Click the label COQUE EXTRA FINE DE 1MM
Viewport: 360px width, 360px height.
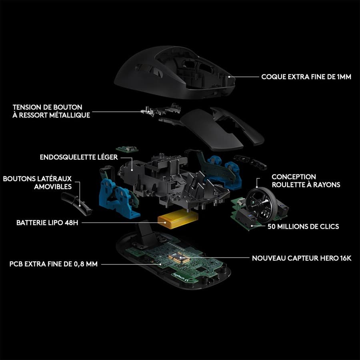point(306,76)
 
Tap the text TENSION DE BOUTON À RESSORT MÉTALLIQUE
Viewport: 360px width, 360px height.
point(51,111)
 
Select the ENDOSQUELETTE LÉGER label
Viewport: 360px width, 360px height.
point(79,157)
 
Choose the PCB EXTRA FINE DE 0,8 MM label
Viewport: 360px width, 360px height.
point(54,264)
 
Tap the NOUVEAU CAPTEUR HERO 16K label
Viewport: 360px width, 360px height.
point(301,258)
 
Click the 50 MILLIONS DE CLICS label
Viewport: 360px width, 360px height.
point(303,226)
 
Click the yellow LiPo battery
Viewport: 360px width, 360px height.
point(178,220)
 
